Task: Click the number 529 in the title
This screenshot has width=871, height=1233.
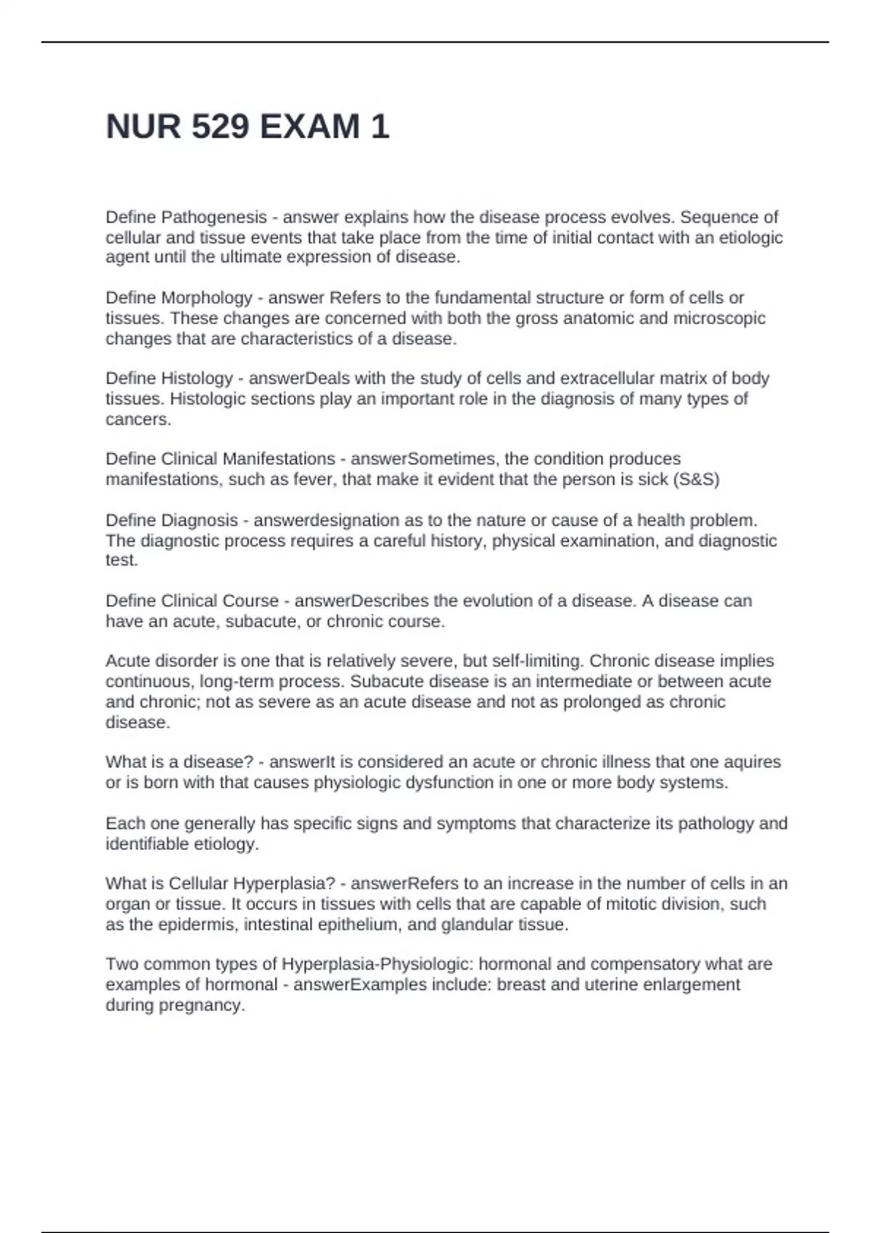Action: [221, 127]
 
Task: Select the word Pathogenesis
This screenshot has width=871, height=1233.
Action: [214, 218]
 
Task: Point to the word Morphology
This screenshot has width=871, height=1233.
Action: [206, 298]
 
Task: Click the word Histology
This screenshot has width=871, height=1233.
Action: [197, 379]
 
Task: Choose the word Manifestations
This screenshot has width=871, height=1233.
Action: [279, 459]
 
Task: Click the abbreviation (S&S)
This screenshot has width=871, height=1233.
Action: [696, 479]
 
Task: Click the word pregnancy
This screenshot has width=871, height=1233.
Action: [201, 1005]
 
